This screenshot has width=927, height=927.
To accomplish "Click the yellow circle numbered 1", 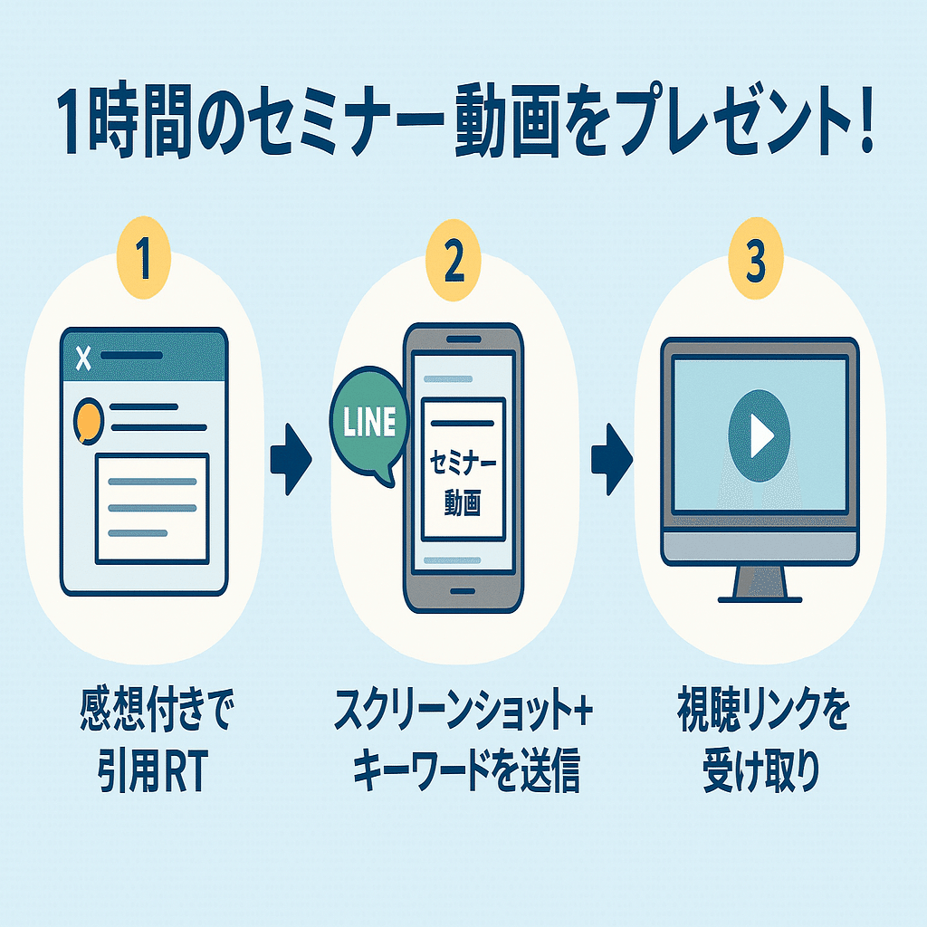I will [143, 260].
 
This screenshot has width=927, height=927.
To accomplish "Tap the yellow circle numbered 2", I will [454, 260].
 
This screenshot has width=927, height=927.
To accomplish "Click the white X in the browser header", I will [83, 359].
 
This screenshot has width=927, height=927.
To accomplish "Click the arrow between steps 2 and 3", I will [612, 460].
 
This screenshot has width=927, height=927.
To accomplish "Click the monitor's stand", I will [759, 583].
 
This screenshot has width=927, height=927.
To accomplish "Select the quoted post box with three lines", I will [152, 507].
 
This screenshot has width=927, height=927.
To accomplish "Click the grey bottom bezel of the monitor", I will [759, 546].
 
